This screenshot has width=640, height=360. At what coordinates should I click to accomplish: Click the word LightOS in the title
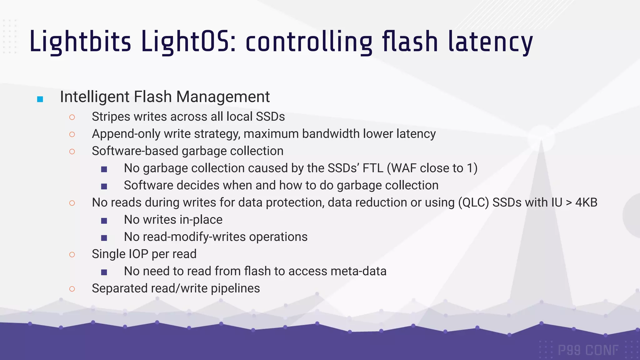coord(188,42)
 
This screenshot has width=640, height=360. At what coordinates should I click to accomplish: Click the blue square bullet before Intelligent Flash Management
coord(40,99)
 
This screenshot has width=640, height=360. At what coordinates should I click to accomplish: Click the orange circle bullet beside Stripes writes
coord(72,117)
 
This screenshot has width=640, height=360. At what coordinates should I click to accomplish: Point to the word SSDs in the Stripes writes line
coord(270,117)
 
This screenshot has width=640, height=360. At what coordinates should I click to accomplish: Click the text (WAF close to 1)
coord(432,168)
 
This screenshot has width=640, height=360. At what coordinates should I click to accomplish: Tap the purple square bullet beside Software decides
coord(104,187)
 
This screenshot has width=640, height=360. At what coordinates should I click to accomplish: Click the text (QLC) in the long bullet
coord(473,202)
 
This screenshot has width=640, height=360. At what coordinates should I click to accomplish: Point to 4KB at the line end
coord(586,202)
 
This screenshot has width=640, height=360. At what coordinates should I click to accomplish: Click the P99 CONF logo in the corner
coord(588,350)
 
